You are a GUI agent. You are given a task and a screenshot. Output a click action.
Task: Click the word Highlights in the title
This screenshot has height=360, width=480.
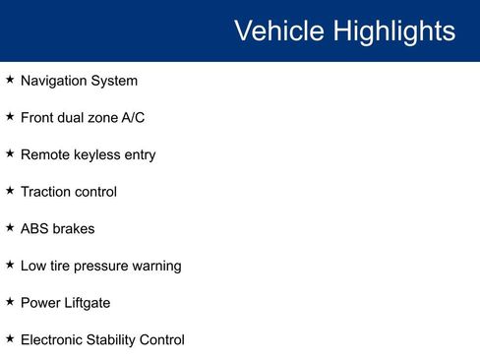(393, 30)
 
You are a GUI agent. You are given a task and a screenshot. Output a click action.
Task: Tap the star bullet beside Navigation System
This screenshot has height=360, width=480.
(10, 80)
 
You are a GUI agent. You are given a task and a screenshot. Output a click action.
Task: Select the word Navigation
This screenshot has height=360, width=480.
(54, 81)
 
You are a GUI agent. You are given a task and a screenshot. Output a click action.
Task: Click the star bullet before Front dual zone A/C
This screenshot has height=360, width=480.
(10, 116)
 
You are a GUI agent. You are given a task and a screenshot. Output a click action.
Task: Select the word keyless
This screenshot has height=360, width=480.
(98, 154)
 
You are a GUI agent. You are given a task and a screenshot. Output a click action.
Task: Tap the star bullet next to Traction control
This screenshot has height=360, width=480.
(10, 190)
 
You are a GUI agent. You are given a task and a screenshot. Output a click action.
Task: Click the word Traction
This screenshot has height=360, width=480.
(45, 192)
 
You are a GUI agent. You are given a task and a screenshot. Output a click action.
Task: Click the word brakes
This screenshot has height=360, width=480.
(74, 229)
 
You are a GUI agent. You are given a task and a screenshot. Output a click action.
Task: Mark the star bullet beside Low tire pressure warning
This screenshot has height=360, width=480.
(10, 265)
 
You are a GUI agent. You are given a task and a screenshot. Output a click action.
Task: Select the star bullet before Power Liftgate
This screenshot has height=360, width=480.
(10, 302)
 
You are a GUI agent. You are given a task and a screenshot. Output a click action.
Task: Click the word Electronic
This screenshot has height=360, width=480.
(53, 340)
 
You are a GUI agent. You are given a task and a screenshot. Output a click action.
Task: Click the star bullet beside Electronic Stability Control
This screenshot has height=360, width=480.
(10, 339)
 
